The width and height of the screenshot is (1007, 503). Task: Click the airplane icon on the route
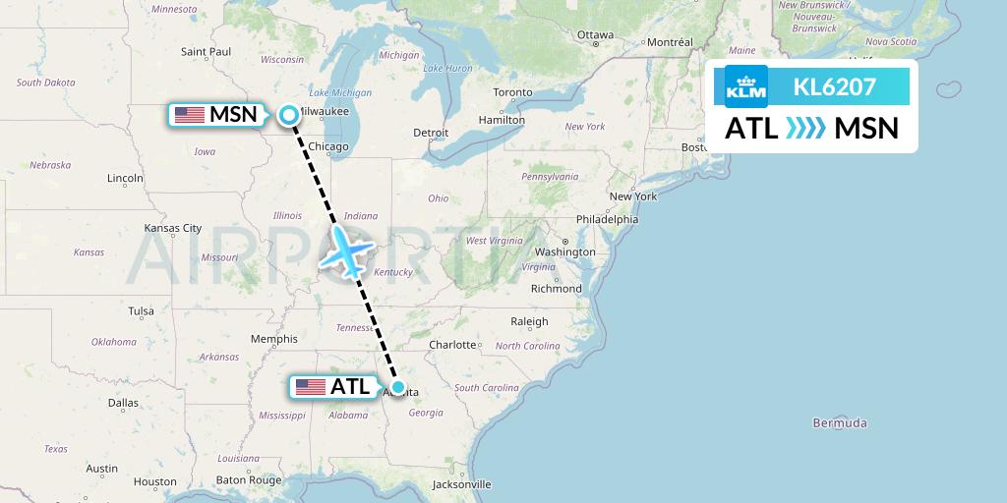[346, 251]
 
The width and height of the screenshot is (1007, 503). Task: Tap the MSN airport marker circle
[289, 115]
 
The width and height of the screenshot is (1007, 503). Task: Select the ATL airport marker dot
[398, 387]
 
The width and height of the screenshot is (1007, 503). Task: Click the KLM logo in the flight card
[746, 87]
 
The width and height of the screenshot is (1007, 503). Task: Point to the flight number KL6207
[835, 87]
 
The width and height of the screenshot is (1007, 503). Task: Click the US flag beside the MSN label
[190, 115]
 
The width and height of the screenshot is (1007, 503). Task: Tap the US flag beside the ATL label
[311, 387]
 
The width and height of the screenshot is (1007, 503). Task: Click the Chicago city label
[328, 146]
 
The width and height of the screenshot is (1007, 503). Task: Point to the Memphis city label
[273, 339]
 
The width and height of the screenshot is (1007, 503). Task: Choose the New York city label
[633, 196]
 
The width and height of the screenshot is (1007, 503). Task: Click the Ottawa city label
[595, 34]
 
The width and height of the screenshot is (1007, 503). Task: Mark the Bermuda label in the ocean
[840, 423]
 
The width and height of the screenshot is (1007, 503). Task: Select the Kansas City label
[172, 228]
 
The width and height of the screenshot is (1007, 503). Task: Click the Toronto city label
[512, 92]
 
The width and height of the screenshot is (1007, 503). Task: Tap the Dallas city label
[125, 402]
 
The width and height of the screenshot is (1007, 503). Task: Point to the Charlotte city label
[452, 345]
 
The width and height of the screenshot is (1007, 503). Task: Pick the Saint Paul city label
[206, 51]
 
